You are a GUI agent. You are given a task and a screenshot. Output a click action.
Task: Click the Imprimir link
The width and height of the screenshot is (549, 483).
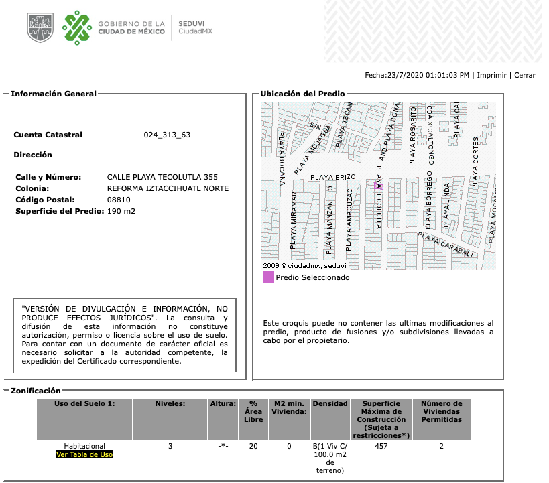pyautogui.click(x=493, y=76)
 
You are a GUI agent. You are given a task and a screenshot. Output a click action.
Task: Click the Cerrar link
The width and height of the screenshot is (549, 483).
pyautogui.click(x=525, y=76)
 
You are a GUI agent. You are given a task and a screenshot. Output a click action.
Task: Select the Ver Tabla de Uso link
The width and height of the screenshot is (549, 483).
pyautogui.click(x=84, y=454)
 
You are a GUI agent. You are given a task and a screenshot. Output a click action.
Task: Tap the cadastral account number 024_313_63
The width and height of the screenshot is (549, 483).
pyautogui.click(x=167, y=135)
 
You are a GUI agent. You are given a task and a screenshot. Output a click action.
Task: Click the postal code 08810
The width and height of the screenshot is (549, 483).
pyautogui.click(x=119, y=200)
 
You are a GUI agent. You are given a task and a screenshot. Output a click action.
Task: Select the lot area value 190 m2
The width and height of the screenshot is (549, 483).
pyautogui.click(x=121, y=212)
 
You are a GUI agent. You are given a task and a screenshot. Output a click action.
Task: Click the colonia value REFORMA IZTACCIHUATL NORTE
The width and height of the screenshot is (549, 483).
pyautogui.click(x=168, y=188)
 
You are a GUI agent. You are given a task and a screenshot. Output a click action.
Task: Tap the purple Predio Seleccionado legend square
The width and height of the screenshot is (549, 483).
pyautogui.click(x=268, y=277)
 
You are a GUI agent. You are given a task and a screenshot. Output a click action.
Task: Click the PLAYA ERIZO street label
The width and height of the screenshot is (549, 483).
pyautogui.click(x=332, y=176)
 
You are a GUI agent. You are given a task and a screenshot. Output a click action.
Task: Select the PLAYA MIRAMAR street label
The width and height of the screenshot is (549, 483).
pyautogui.click(x=294, y=220)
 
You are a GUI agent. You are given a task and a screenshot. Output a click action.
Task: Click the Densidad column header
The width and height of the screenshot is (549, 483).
pyautogui.click(x=330, y=404)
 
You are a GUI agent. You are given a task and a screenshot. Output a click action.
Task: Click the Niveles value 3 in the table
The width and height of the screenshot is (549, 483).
pyautogui.click(x=170, y=445)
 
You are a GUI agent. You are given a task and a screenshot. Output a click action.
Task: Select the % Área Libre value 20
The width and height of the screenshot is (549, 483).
pyautogui.click(x=253, y=445)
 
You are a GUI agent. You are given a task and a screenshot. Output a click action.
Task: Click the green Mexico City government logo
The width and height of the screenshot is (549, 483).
pyautogui.click(x=77, y=27)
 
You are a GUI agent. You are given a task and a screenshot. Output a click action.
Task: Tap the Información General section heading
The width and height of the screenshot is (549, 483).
pyautogui.click(x=54, y=94)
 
